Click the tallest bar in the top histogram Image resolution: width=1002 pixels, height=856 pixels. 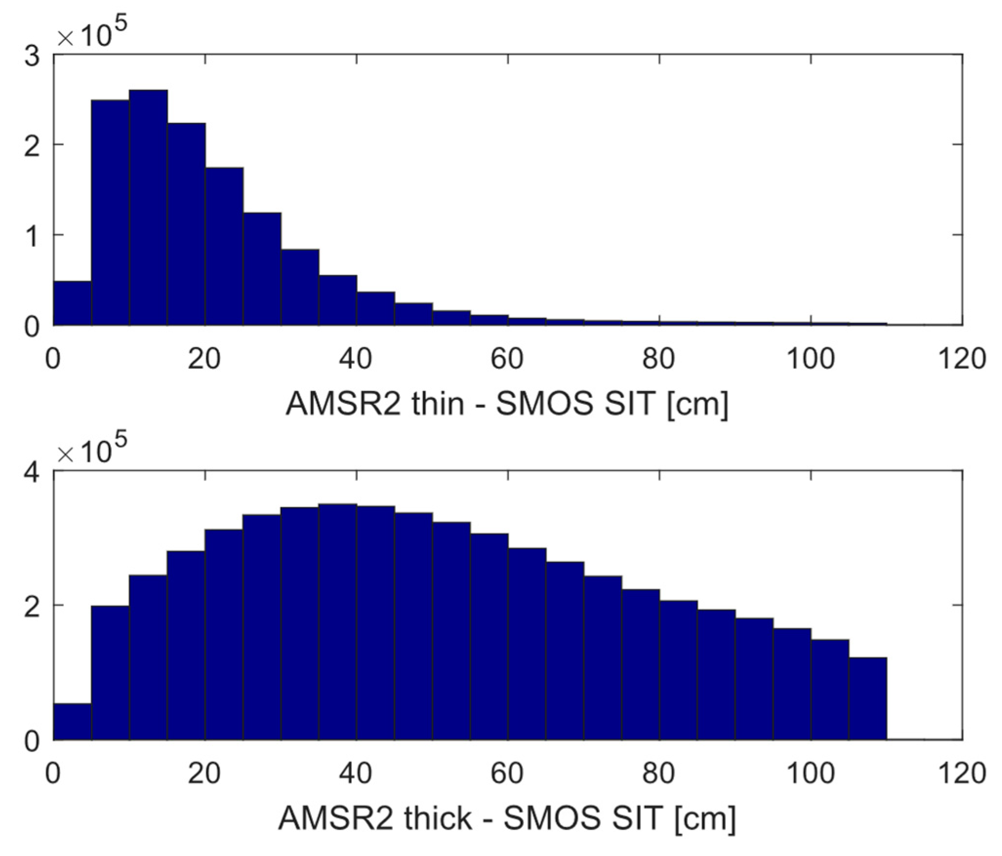pos(148,207)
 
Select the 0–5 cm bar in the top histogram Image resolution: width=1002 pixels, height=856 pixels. pos(72,303)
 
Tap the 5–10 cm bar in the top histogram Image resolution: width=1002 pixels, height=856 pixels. pos(110,212)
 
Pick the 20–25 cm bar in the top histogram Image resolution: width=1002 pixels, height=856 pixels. pos(224,246)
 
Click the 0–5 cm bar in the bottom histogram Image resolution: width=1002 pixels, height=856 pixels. pos(72,721)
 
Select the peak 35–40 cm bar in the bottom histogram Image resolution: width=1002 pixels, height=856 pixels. pos(338,622)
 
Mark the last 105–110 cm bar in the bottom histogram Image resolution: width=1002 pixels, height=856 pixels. pos(867,698)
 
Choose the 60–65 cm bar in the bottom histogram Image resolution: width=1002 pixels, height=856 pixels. pos(527,643)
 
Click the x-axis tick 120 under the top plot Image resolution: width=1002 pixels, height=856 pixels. pos(962,359)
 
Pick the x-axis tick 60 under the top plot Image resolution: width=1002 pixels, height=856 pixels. pos(507,359)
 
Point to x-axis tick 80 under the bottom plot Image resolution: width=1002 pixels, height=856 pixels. pos(659,774)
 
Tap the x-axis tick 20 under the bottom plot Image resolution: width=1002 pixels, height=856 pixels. pos(204,774)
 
